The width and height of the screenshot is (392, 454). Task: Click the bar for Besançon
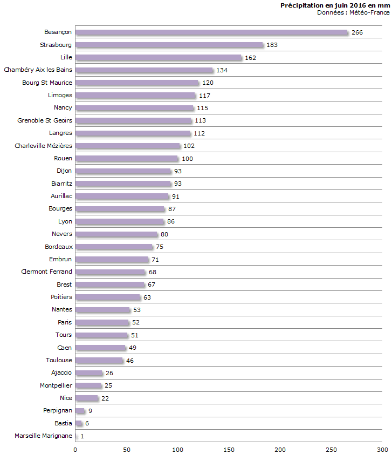[x=211, y=32]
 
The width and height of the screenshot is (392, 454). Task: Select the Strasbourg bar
[x=169, y=45]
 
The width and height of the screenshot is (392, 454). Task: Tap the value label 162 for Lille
[x=250, y=58]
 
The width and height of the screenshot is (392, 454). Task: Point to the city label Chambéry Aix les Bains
[x=38, y=70]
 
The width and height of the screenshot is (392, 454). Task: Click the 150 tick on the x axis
[x=229, y=449]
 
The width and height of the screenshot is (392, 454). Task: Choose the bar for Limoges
[x=135, y=96]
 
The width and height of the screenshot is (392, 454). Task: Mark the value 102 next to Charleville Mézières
[x=189, y=146]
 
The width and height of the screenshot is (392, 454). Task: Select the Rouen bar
[x=126, y=159]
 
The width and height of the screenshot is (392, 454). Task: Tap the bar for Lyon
[x=119, y=222]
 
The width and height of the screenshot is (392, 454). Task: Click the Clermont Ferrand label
[x=46, y=272]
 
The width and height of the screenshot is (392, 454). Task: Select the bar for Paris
[x=102, y=323]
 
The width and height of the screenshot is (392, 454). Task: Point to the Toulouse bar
[x=99, y=361]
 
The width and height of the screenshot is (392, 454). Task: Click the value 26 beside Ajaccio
[x=109, y=373]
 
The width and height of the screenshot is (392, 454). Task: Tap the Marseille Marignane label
[x=43, y=436]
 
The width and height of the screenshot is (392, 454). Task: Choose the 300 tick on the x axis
[x=382, y=449]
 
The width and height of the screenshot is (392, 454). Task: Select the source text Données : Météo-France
[x=353, y=12]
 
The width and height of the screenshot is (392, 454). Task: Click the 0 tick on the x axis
[x=75, y=449]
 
